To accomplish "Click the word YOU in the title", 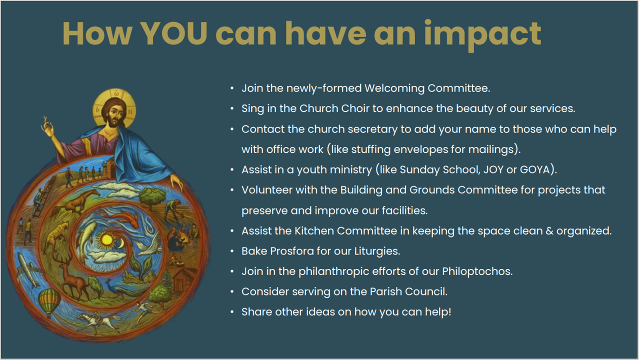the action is tap(173, 33).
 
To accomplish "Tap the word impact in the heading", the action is tap(482, 35).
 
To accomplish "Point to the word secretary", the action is tap(372, 129).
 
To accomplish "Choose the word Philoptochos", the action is tap(477, 271).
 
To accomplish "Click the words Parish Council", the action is tap(408, 292).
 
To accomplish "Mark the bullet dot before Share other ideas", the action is tap(232, 312).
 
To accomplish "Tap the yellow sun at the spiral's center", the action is tap(107, 239).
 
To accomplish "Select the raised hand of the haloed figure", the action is tap(47, 127).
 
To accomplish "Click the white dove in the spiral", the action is tap(148, 246).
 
